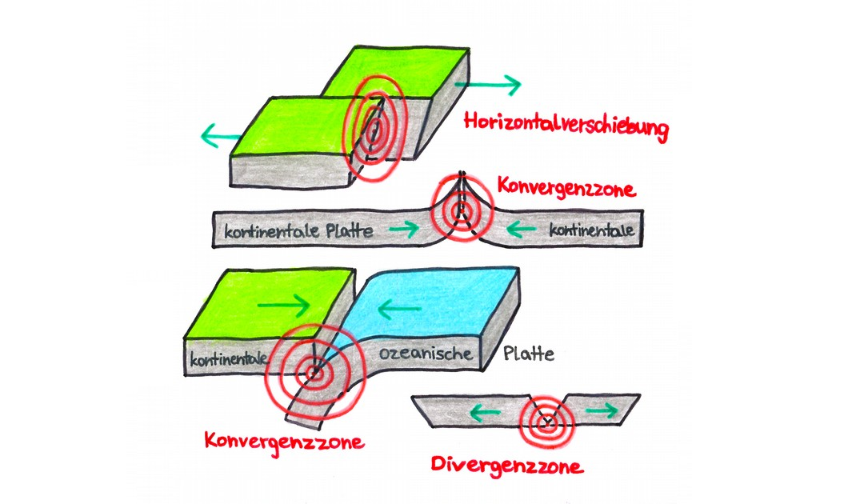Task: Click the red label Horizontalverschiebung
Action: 566,127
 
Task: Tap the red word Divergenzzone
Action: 506,465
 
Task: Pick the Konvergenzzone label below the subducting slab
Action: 284,441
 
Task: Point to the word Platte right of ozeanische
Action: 528,354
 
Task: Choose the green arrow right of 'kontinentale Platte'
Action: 403,230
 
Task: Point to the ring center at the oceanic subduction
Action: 314,370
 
